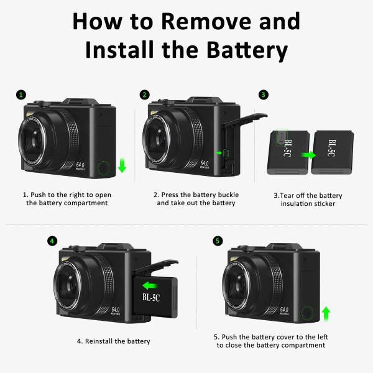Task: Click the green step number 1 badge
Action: tap(21, 95)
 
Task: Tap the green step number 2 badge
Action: tap(145, 95)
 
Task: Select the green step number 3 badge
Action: tap(264, 95)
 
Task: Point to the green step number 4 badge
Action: tap(52, 241)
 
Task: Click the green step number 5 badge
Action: tap(217, 241)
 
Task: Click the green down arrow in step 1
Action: tap(122, 165)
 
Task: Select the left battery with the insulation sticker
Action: tap(285, 152)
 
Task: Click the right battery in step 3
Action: tap(333, 152)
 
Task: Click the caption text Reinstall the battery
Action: tap(114, 341)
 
